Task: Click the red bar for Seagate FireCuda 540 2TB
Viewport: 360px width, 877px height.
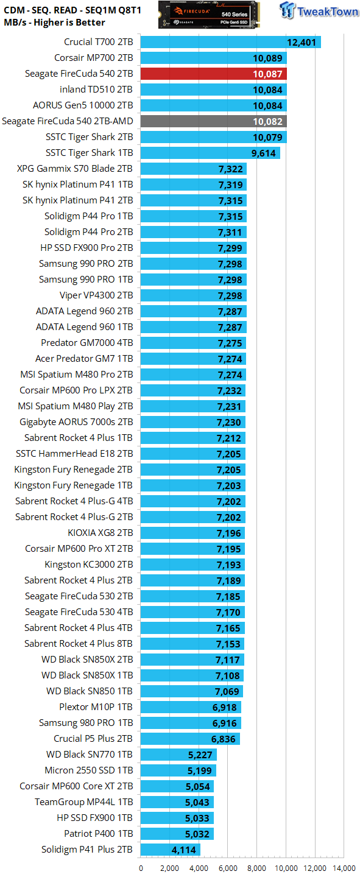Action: coord(213,74)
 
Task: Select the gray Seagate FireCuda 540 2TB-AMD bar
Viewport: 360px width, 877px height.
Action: coord(213,121)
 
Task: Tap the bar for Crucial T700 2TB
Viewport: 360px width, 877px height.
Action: coord(231,42)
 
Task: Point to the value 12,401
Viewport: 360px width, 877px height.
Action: coord(302,42)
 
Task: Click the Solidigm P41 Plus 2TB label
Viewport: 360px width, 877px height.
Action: coord(87,849)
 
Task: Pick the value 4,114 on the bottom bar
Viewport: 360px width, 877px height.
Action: coord(184,850)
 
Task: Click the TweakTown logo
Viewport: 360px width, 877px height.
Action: coord(319,10)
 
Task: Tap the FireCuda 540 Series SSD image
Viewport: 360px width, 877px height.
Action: coord(209,15)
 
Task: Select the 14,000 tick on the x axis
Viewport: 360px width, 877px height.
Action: coord(344,868)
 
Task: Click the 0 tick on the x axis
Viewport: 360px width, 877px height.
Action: coord(141,868)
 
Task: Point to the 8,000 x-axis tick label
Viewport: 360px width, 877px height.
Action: coord(257,868)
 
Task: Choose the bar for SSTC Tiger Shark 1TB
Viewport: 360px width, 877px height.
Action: coord(210,153)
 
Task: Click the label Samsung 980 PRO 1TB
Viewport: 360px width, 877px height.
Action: coord(86,723)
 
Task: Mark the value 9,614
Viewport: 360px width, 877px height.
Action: coord(264,153)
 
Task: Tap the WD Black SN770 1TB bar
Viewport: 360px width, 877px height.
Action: coord(178,755)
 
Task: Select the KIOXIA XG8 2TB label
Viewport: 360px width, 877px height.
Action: coord(101,533)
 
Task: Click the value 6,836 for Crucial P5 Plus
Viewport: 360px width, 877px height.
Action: coord(224,739)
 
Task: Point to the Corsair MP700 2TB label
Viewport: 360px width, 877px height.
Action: coord(94,58)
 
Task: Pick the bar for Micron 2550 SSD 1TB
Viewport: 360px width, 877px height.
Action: coord(178,770)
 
